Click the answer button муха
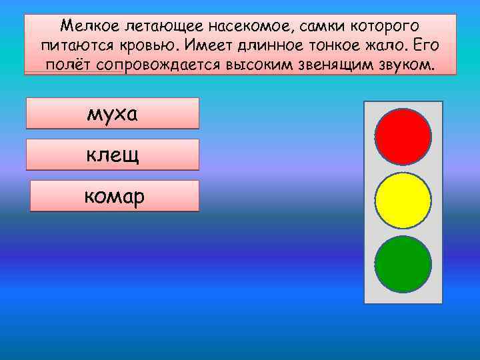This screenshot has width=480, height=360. (x=112, y=113)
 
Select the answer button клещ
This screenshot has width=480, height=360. (x=112, y=155)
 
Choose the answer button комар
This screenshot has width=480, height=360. (x=115, y=196)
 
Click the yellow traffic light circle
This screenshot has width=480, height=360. (x=403, y=201)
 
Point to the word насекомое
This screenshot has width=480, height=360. (x=247, y=27)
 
